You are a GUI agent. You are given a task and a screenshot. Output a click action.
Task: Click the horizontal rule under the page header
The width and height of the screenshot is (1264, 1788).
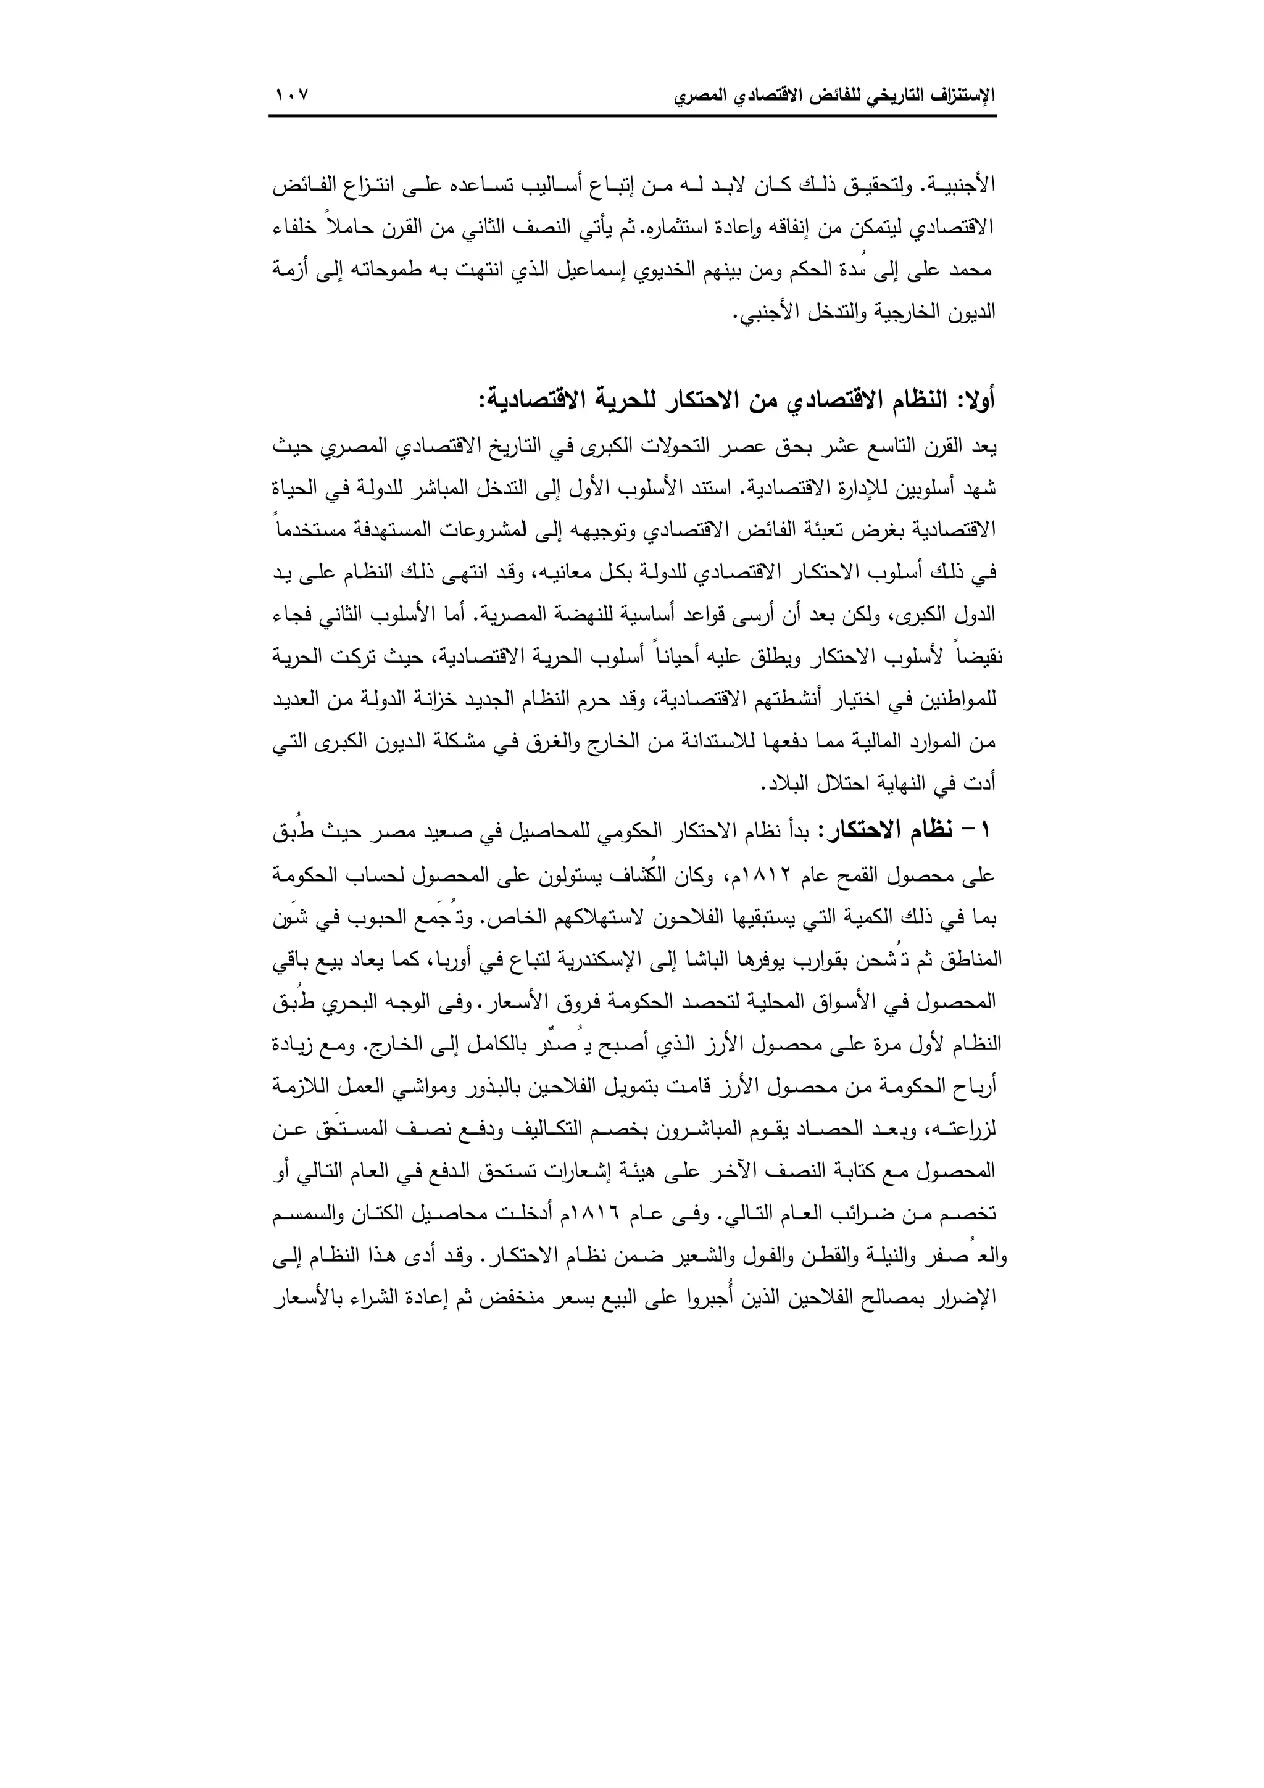(633, 116)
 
